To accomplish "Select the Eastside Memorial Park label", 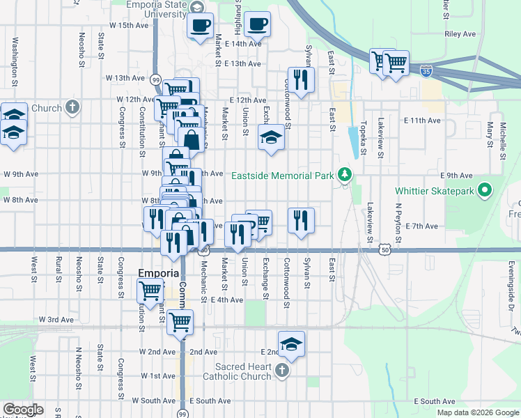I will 282,176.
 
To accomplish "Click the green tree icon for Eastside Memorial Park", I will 343,174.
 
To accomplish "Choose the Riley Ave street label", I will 460,33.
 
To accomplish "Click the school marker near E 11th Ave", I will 271,137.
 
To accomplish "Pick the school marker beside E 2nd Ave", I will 292,343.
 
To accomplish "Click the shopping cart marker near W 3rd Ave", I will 180,321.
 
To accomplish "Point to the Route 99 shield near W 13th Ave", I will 155,79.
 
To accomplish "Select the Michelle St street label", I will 501,137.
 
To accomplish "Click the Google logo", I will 23,410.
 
